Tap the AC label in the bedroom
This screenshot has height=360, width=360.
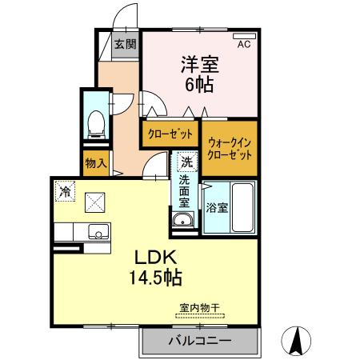pyautogui.click(x=243, y=45)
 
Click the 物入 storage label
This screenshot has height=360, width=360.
pyautogui.click(x=95, y=163)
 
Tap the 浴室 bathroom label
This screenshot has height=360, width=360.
pyautogui.click(x=217, y=208)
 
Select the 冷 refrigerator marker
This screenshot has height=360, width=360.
pyautogui.click(x=64, y=193)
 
